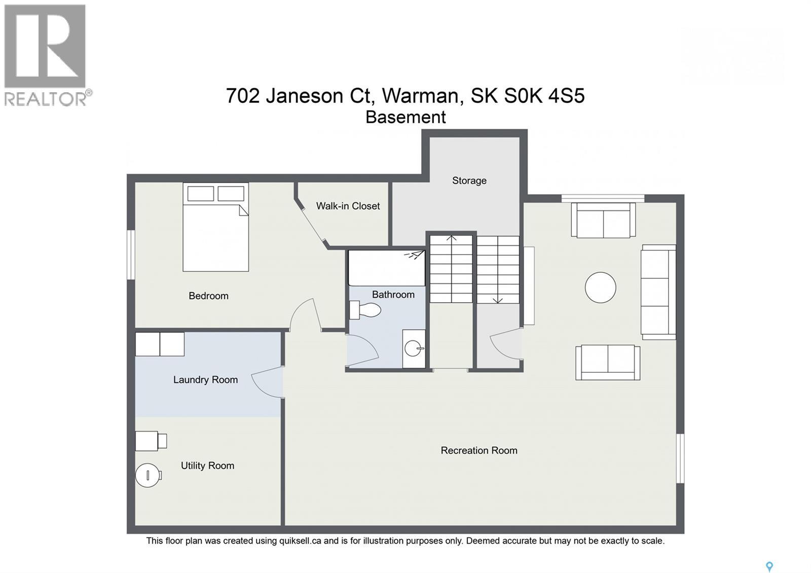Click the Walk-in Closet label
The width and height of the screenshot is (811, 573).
click(348, 206)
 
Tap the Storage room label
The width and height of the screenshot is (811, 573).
click(469, 181)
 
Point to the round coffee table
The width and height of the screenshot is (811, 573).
click(600, 288)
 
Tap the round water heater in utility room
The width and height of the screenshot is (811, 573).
click(148, 475)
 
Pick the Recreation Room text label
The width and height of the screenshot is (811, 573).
click(478, 450)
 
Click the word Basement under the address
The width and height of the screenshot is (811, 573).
click(405, 117)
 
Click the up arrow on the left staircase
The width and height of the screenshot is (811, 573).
click(451, 238)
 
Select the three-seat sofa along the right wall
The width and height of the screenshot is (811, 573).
click(658, 292)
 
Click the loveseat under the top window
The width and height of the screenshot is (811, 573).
click(603, 220)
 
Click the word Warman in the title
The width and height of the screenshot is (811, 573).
click(421, 95)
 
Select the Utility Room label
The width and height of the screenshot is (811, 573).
click(207, 465)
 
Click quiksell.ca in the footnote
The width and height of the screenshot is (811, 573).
click(300, 541)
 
